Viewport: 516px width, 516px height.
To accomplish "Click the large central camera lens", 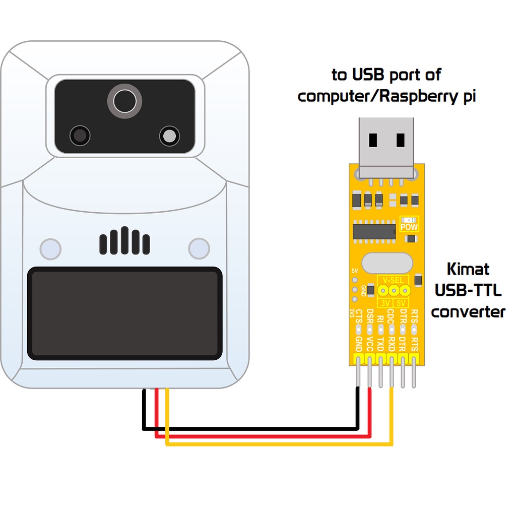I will tap(124, 101).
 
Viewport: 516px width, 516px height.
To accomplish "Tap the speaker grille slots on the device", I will tap(124, 241).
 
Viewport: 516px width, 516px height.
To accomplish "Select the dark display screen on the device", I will tap(124, 313).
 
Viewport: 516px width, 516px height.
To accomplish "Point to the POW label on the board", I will tap(409, 227).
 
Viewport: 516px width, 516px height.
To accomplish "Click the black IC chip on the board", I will tap(374, 231).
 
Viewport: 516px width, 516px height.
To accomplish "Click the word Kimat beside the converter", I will tap(468, 269).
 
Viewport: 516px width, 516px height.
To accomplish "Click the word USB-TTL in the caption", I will tap(468, 290).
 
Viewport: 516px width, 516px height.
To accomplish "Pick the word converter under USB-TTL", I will tap(468, 311).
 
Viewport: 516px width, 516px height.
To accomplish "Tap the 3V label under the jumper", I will tap(385, 303).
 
